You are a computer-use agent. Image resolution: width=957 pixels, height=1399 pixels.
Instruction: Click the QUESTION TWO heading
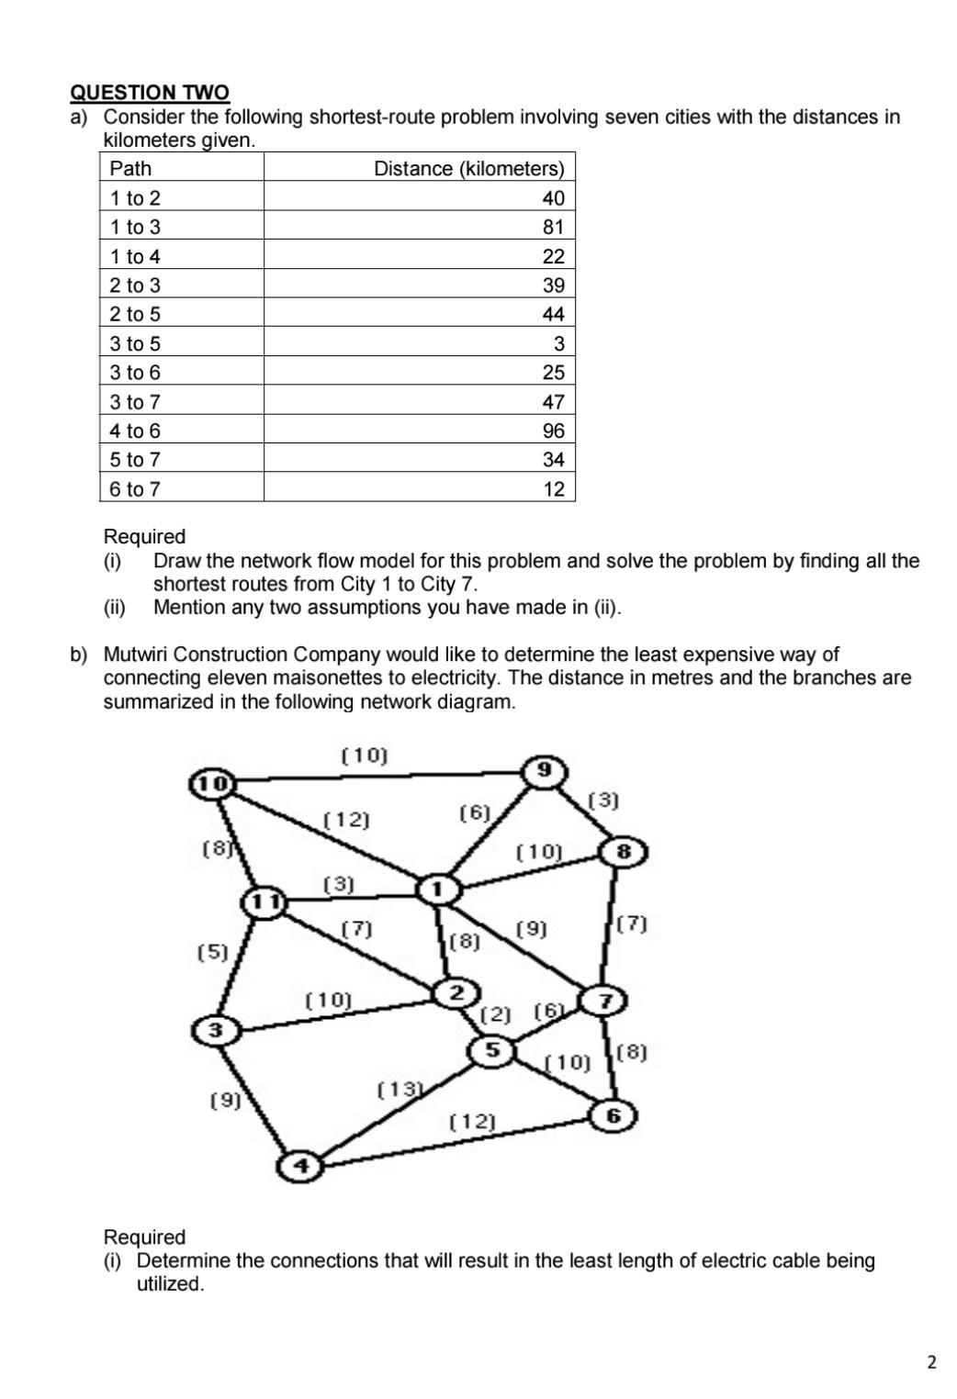click(150, 93)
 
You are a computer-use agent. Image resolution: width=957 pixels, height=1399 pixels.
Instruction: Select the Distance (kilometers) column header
click(468, 169)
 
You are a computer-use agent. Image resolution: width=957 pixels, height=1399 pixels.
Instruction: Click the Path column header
click(130, 169)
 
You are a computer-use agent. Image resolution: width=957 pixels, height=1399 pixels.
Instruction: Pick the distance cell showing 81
click(553, 227)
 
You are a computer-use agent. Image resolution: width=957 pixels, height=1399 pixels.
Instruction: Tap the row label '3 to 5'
click(135, 343)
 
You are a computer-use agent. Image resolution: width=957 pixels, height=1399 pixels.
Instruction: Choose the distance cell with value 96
click(553, 431)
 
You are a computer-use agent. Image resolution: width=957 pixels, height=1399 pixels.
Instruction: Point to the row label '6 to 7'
click(135, 489)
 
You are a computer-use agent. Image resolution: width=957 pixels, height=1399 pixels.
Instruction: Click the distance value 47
click(553, 402)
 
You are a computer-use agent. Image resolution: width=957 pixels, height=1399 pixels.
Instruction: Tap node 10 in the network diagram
click(212, 783)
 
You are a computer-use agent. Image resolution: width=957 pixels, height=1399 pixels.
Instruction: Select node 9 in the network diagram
click(545, 769)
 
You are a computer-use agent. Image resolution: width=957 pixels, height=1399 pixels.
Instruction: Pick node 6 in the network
click(614, 1116)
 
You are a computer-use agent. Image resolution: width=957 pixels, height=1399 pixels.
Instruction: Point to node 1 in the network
click(438, 889)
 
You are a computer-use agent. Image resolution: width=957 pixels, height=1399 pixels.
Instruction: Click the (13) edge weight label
click(399, 1090)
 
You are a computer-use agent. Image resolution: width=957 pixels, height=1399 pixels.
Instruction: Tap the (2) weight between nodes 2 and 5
click(496, 1014)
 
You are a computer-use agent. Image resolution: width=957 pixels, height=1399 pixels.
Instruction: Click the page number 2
click(932, 1362)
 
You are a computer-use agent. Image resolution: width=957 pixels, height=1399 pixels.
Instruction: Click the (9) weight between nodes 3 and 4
click(225, 1100)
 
